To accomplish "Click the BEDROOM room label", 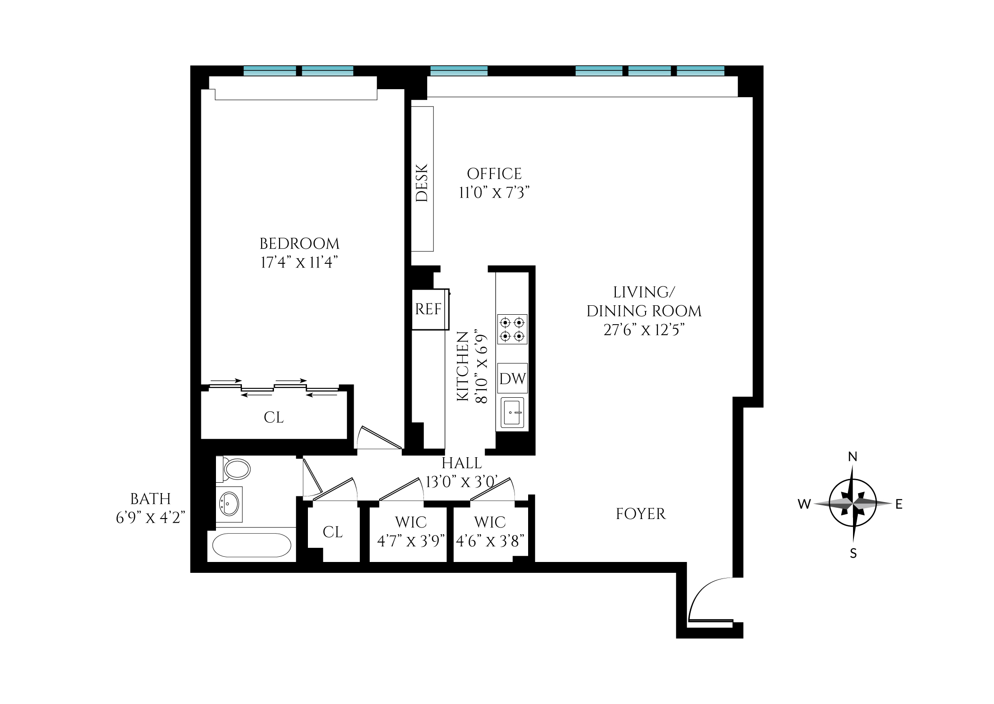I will pos(299,243).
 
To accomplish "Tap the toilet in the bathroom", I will pos(235,469).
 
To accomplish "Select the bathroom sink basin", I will pos(230,504).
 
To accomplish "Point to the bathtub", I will pos(252,545).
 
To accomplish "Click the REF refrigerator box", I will pos(429,309).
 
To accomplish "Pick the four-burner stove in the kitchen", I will pos(512,329).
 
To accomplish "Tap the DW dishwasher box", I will pos(512,378).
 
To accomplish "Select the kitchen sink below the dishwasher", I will pos(512,412).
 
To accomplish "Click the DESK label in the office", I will pos(422,183).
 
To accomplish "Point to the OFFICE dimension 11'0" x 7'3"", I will pos(494,193).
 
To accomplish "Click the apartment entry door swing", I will pos(710,599).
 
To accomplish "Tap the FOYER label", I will pos(640,514).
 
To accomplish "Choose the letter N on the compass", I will pos(853,457).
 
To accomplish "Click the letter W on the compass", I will pos(804,504).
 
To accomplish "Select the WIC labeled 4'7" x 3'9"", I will pos(411,532).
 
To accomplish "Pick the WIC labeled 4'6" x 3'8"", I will pos(490,532).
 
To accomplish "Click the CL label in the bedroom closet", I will pos(273,418).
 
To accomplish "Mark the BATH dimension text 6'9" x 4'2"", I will pos(150,518).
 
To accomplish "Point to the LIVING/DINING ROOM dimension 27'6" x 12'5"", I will pos(644,329).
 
